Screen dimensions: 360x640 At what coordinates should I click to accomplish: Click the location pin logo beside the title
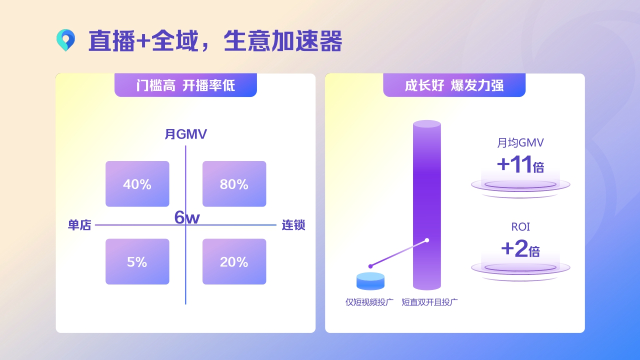tap(65, 40)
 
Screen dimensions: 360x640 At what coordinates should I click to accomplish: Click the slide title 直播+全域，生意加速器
tap(215, 41)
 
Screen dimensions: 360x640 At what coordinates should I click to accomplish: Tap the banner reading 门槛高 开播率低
tap(185, 85)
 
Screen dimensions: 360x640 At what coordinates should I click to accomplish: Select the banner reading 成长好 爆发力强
tap(454, 85)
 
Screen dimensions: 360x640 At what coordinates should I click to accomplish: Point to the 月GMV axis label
tap(185, 134)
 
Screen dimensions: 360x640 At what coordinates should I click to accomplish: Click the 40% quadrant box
tap(137, 184)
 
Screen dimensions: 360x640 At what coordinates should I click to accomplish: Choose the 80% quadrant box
tap(234, 184)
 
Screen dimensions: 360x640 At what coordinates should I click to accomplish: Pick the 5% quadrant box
tap(137, 261)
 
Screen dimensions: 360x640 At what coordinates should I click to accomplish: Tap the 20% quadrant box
tap(234, 261)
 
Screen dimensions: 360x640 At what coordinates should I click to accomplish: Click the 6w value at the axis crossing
tap(187, 217)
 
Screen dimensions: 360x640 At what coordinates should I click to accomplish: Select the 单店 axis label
tap(79, 225)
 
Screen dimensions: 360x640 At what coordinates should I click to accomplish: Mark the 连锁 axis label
tap(293, 225)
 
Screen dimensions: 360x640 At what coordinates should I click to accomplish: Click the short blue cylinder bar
tap(370, 281)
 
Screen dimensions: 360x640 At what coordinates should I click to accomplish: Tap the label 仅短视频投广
tap(369, 302)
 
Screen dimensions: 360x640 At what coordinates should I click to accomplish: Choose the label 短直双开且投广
tap(430, 302)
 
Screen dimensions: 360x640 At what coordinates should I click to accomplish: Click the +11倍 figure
tap(520, 165)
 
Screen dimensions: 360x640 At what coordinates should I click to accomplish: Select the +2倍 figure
tap(520, 248)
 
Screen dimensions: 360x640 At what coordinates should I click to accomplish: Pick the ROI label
tap(520, 227)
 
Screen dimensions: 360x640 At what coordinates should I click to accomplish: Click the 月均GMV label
tap(520, 143)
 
